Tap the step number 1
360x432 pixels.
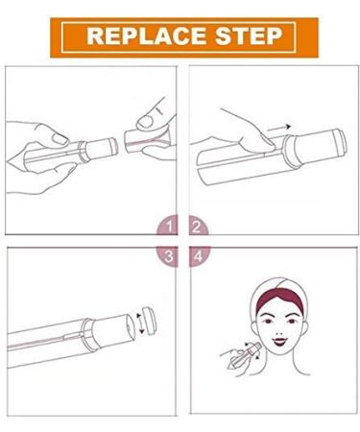pos(170,228)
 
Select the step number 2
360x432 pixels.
pos(195,228)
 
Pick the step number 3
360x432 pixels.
pos(170,256)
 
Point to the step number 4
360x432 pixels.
pos(195,256)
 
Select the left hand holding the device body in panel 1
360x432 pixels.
pos(38,144)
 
